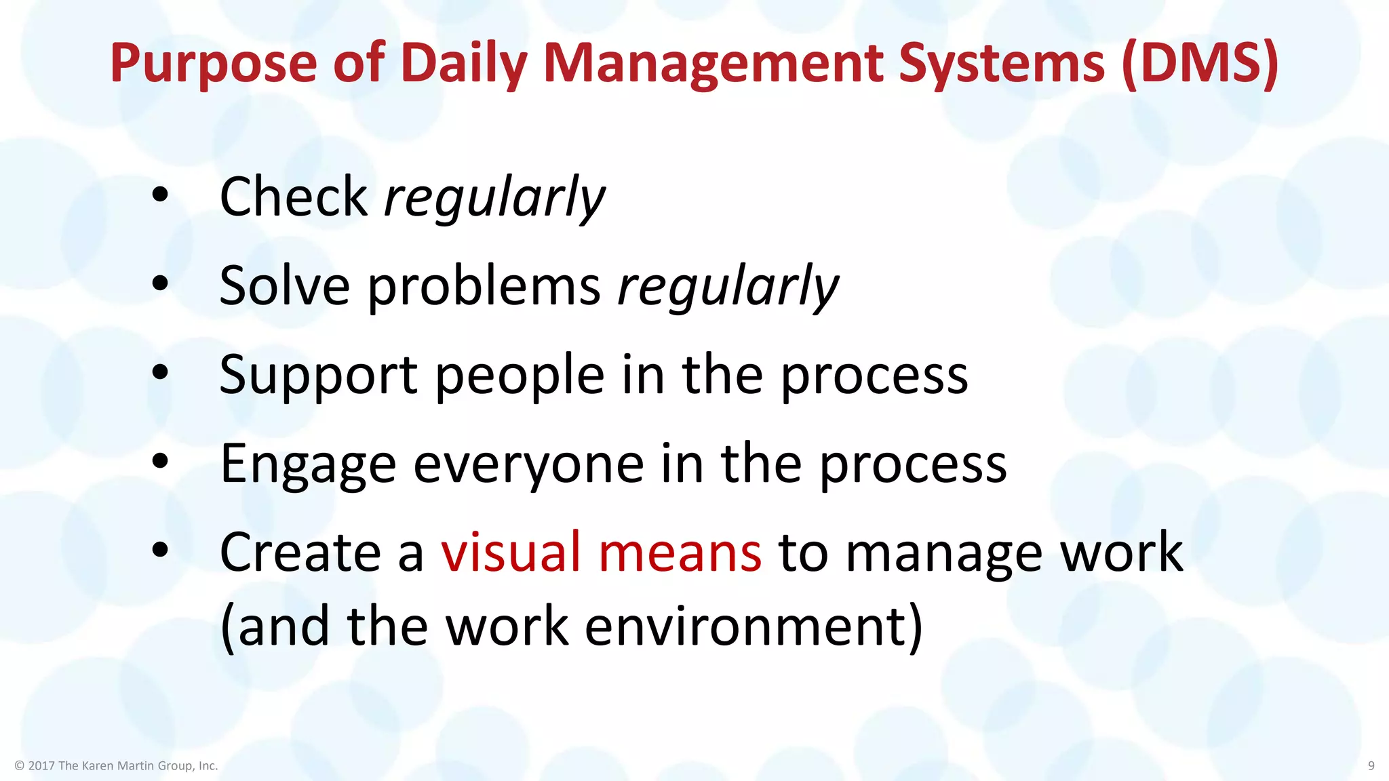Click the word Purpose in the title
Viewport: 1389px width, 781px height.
(x=213, y=64)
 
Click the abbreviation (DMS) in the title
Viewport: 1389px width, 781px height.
(x=1199, y=64)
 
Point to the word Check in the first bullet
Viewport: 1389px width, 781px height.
(x=293, y=197)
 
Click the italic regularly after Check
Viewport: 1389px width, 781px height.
(x=494, y=197)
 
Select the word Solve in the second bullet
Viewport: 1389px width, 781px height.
(x=284, y=285)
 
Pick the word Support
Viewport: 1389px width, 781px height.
(x=318, y=376)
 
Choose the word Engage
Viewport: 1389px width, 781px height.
(x=307, y=465)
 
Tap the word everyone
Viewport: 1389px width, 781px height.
(x=528, y=465)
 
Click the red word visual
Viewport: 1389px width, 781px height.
(x=511, y=552)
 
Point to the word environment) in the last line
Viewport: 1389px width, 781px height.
(x=754, y=626)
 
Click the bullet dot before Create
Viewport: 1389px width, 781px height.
(x=160, y=550)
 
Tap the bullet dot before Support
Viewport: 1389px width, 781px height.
(x=160, y=372)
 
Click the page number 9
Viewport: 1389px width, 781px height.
(x=1371, y=765)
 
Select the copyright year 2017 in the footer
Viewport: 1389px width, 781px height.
(x=41, y=765)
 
